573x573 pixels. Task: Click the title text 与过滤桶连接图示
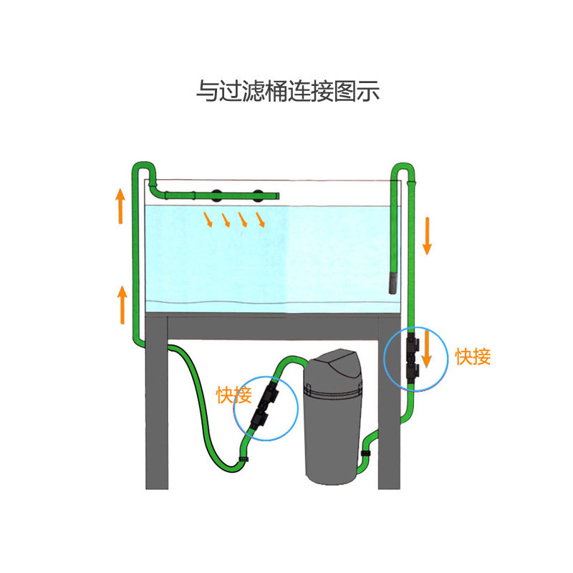tap(287, 92)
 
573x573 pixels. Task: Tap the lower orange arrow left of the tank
tap(122, 304)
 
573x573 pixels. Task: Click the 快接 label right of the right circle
tap(473, 356)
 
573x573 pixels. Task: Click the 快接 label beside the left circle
tap(234, 394)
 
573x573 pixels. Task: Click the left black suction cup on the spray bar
tap(216, 195)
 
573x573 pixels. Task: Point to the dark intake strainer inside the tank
tap(393, 281)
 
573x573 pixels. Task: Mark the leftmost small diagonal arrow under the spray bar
tap(208, 219)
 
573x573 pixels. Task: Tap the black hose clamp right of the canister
tap(365, 453)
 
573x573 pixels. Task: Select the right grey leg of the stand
tap(389, 430)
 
